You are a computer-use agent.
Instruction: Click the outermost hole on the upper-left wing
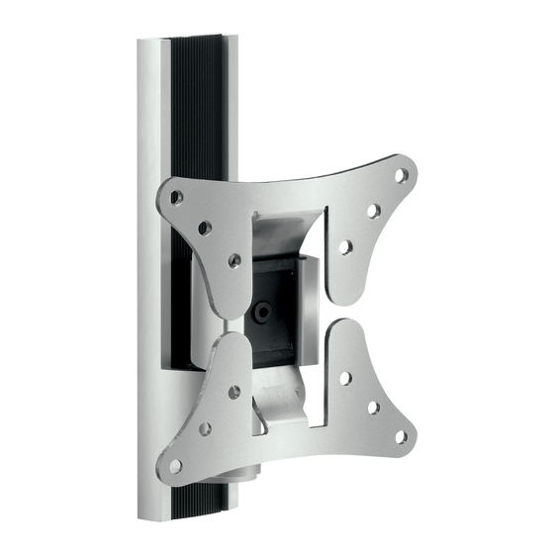click(176, 198)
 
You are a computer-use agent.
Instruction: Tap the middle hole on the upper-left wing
click(204, 229)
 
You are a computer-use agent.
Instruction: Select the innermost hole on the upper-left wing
click(233, 260)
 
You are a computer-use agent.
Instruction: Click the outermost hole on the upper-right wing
click(401, 175)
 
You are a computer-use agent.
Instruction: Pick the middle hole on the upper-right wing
click(372, 211)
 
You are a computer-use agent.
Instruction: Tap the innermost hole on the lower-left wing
click(233, 392)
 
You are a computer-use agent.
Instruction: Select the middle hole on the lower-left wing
click(205, 428)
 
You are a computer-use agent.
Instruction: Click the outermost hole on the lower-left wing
click(176, 464)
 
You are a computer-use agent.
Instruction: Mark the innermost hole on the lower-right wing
click(344, 377)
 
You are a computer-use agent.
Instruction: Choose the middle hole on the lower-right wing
click(373, 407)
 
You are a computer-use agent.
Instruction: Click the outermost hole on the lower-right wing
click(401, 435)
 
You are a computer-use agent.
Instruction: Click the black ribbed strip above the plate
click(184, 119)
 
